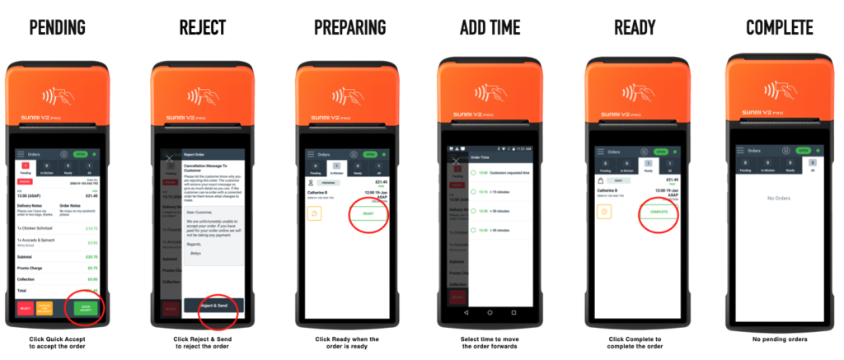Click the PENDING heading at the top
(57, 27)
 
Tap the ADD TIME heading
(490, 27)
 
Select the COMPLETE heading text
(779, 27)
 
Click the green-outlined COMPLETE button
(659, 212)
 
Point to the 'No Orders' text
(779, 199)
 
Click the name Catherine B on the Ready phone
(612, 190)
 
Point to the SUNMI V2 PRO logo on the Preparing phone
(344, 124)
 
